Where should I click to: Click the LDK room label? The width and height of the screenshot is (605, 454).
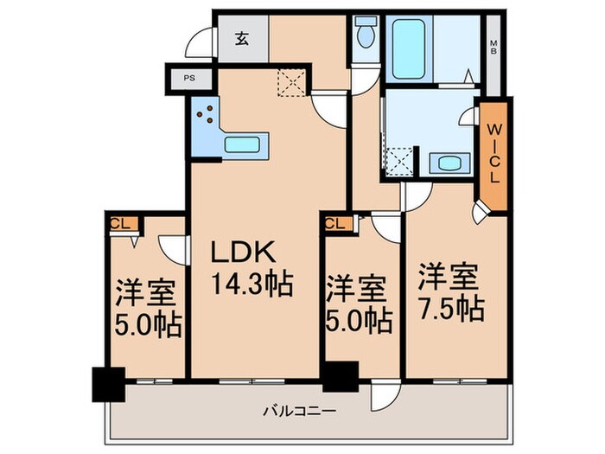(245, 253)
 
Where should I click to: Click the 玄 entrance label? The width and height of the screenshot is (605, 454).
(243, 38)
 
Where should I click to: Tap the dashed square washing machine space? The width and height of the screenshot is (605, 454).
(398, 162)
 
